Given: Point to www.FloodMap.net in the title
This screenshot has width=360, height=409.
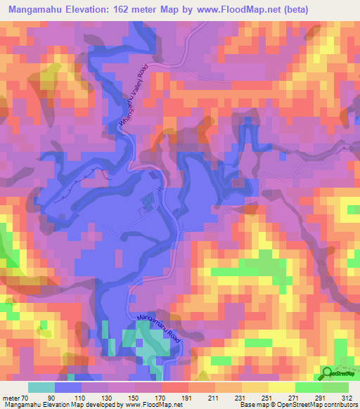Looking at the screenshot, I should pyautogui.click(x=247, y=10).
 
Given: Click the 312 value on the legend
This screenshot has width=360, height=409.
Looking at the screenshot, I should pyautogui.click(x=347, y=397).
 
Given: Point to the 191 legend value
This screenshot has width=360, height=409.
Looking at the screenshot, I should pyautogui.click(x=167, y=397).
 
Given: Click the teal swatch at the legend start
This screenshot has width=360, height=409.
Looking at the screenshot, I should pyautogui.click(x=41, y=387).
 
